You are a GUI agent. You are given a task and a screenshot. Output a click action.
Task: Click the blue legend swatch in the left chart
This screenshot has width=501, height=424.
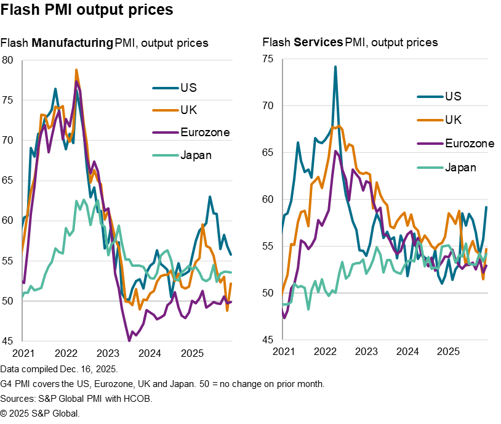tap(166, 88)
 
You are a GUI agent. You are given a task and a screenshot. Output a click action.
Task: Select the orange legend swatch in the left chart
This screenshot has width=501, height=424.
tap(166, 110)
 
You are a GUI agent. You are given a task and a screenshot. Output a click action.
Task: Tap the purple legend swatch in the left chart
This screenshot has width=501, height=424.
tap(166, 132)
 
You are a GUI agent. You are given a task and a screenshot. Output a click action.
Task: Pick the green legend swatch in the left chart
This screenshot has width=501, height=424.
tap(166, 155)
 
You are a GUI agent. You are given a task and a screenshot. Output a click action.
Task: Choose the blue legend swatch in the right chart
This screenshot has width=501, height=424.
tap(430, 97)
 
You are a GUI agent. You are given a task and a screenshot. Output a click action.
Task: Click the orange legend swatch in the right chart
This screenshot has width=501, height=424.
tap(430, 120)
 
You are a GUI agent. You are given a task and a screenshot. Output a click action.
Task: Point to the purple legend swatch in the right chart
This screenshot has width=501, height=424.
tap(430, 144)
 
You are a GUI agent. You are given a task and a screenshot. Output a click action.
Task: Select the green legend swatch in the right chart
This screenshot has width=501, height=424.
tap(430, 167)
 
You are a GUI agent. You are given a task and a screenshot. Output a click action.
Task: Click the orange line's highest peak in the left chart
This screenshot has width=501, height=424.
tap(76, 70)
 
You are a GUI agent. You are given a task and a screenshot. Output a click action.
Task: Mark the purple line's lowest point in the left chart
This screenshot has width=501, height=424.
tap(129, 340)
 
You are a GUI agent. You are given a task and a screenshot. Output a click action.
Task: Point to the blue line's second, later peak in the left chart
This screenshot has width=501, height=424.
tap(209, 197)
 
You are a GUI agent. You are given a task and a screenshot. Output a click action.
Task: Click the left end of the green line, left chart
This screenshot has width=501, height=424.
tap(23, 298)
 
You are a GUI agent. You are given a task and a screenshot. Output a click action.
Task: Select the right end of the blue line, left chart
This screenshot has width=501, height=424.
tap(231, 254)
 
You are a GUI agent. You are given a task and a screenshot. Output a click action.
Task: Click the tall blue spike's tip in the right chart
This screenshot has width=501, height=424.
tap(335, 67)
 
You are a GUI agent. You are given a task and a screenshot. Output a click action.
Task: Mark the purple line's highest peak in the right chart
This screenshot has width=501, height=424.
tap(337, 151)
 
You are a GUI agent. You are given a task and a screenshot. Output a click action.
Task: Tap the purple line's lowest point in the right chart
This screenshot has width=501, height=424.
tap(284, 317)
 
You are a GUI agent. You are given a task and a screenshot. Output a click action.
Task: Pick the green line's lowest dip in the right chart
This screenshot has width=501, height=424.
tap(308, 309)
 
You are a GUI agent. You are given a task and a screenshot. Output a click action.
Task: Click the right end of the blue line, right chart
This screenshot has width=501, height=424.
tap(486, 206)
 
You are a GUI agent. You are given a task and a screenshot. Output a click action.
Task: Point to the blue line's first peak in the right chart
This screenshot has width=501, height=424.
tap(298, 142)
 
